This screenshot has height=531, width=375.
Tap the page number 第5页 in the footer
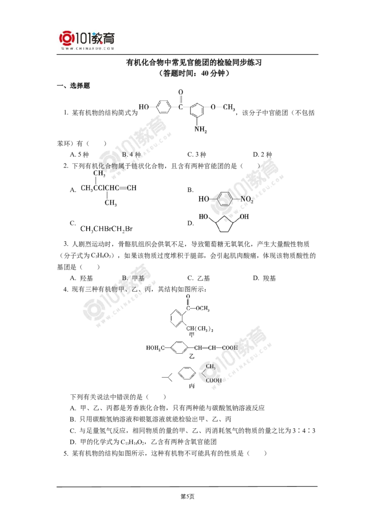pos(187,496)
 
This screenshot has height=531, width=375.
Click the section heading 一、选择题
pos(74,86)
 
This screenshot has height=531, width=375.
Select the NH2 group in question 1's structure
pos(200,129)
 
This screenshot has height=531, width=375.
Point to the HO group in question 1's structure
pos(143,106)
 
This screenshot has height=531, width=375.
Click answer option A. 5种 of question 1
pos(80,154)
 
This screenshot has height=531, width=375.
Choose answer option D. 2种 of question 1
pos(262,154)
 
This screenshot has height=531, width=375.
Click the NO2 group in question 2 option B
pos(247,199)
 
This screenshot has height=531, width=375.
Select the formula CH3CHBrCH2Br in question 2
pos(106,229)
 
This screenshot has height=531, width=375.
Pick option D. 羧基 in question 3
pos(264,278)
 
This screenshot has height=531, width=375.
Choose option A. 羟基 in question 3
pos(81,278)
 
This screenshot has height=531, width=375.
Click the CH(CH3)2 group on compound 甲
pos(199,328)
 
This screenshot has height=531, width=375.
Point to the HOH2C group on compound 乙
pos(155,348)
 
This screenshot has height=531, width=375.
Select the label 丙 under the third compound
pos(192,386)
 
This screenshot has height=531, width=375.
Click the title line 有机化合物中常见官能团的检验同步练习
pos(194,63)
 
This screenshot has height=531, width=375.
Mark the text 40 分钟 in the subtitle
pos(212,73)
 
